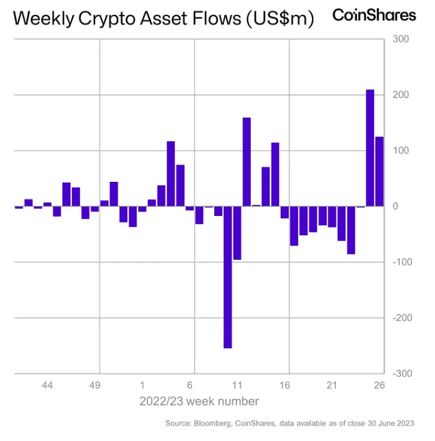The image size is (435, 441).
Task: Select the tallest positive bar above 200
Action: pos(370,147)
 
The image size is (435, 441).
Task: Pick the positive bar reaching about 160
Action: pos(246,161)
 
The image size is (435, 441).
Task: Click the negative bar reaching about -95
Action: pos(237,233)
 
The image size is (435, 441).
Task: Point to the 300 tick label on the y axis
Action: pos(400,39)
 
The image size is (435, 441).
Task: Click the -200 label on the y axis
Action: pos(400,318)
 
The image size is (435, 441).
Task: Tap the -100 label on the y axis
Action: pos(400,262)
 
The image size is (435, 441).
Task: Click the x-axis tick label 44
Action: pos(48,385)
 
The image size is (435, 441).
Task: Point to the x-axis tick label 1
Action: pos(142,385)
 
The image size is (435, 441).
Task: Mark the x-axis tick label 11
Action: pos(237,385)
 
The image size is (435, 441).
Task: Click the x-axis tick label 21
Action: pos(332,385)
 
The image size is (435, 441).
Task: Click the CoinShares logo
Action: pos(374,15)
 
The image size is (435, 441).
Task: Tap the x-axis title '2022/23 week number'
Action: pos(199,402)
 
